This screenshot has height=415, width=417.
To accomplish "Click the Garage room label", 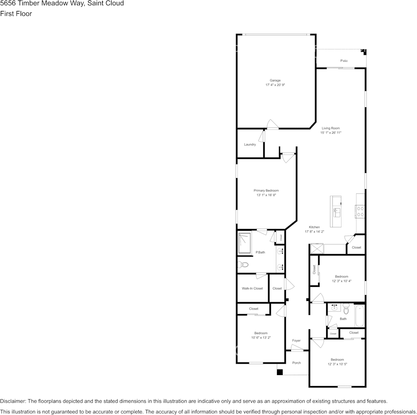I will [275, 80].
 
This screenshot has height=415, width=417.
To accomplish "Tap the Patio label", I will [344, 61].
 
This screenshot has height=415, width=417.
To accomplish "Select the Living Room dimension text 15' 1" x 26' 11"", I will [331, 132].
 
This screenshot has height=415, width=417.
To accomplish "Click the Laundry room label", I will [250, 144].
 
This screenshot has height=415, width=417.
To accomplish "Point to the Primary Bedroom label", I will [266, 190].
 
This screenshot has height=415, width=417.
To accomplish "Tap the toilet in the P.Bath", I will [243, 265].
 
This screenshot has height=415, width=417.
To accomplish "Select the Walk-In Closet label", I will [252, 288].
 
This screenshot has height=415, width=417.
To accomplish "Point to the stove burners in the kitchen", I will [360, 211].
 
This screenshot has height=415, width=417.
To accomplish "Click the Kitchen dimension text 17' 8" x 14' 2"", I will [314, 231].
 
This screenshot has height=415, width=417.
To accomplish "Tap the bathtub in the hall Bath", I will [359, 316].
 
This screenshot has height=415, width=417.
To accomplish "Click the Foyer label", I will [296, 340].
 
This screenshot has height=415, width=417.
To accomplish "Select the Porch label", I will [296, 362].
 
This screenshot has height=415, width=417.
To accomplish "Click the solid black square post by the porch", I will [280, 372].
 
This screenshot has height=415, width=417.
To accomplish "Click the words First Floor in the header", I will [16, 14].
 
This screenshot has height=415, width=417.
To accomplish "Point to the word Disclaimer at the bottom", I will [13, 401].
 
